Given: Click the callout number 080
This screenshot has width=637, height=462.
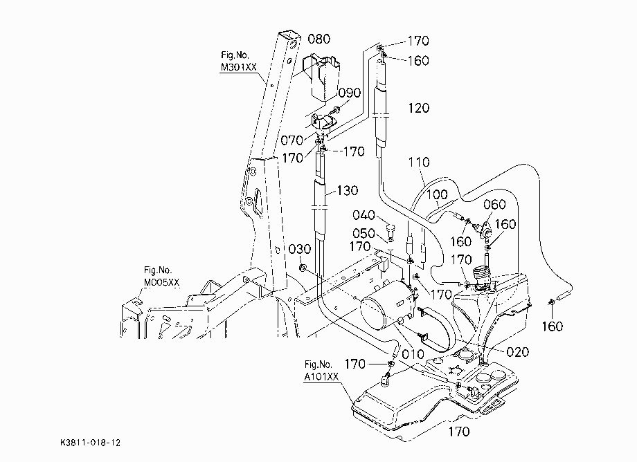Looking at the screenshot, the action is click(x=319, y=39).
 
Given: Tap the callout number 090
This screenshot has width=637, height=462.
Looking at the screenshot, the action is click(x=350, y=93).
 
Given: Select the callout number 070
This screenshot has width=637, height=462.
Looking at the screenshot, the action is click(x=291, y=140).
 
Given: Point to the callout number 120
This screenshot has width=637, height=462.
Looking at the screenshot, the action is click(x=418, y=108).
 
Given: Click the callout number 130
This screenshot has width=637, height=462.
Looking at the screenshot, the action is click(x=348, y=190).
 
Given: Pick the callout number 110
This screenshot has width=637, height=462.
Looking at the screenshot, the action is click(x=419, y=163).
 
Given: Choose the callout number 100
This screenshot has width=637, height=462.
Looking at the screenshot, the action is click(x=437, y=195).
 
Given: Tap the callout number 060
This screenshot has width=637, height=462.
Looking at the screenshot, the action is click(x=494, y=205).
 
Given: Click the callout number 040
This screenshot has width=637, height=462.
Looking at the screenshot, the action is click(x=364, y=214).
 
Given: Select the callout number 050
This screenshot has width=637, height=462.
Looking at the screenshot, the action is click(x=364, y=233).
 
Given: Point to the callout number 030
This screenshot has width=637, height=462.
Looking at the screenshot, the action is click(x=299, y=249).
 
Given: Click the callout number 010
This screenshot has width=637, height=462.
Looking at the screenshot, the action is click(x=413, y=354).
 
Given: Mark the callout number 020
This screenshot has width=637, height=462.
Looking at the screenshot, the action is click(x=518, y=351).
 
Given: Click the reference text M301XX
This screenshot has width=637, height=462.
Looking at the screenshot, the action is click(x=239, y=67).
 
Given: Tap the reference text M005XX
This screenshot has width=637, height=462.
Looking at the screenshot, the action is click(x=162, y=282).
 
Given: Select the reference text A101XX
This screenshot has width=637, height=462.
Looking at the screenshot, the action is click(x=321, y=377).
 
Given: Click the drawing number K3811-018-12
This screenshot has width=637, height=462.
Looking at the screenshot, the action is click(x=90, y=443).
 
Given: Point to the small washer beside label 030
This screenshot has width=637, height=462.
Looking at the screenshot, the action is click(x=302, y=268).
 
